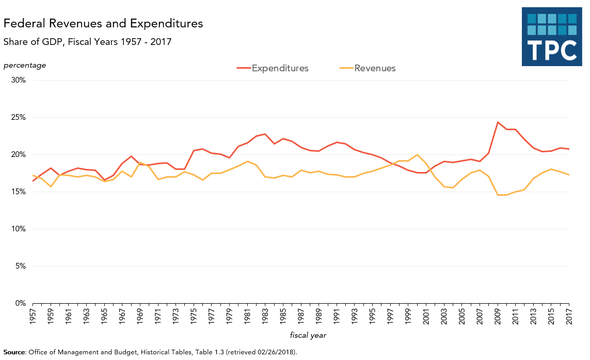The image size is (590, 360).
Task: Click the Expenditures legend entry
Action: [x=280, y=68]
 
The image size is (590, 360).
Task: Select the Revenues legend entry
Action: [x=375, y=68]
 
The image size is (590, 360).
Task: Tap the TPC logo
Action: [x=552, y=37]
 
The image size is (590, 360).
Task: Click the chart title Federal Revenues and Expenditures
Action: [x=103, y=24]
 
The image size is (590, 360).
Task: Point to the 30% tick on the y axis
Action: [x=18, y=81]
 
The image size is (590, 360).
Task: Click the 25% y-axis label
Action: [x=18, y=118]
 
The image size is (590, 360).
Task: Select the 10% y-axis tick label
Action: [x=18, y=229]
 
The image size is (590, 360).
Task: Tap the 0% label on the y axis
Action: [x=20, y=304]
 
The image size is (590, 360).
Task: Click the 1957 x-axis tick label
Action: [x=33, y=316]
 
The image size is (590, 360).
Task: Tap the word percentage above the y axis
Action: [x=25, y=65]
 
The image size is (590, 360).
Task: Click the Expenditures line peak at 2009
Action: [x=498, y=122]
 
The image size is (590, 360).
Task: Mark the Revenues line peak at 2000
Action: [x=417, y=155]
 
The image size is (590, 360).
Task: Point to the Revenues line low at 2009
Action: [x=498, y=195]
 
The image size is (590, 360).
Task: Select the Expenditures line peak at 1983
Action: [x=265, y=134]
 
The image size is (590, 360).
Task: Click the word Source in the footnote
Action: [x=14, y=352]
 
